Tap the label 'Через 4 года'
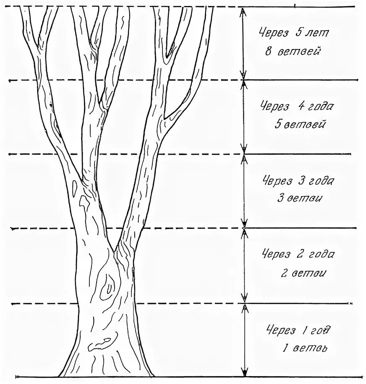pos(297,106)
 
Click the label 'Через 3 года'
pos(298,181)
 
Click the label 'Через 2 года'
pos(298,254)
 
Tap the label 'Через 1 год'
pos(298,330)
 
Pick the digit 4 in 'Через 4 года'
pos(301,106)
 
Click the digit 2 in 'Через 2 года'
pos(300,254)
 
